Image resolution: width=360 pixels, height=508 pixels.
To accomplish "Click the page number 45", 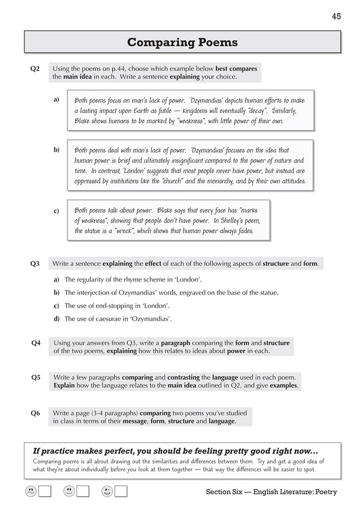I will tap(336, 16).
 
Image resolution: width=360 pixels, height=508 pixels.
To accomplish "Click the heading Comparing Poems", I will tap(182, 42).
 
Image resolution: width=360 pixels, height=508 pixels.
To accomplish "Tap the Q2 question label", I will tap(35, 69).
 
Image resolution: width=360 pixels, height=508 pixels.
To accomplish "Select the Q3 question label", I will tap(35, 264).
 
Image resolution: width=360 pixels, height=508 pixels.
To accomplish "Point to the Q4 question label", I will tap(36, 343).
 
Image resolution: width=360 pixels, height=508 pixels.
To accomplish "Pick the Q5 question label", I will tap(36, 377).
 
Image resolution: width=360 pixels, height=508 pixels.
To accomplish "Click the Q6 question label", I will tap(35, 413).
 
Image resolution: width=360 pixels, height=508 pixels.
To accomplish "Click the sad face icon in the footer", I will tap(31, 491).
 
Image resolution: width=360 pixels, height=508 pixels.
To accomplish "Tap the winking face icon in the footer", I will tap(107, 491).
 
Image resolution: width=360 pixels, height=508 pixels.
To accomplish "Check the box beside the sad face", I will tap(45, 491).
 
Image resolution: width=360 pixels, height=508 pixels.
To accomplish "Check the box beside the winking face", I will tap(121, 491).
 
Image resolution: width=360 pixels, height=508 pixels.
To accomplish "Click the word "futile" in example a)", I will tap(165, 111).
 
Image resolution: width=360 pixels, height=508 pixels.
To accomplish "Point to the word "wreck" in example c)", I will tap(124, 231).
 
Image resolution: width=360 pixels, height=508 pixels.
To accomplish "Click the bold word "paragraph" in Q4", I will tap(175, 343).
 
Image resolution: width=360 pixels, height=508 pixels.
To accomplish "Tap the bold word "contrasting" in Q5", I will tap(183, 377).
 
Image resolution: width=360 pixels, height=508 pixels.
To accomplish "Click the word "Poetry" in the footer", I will tap(326, 492).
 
